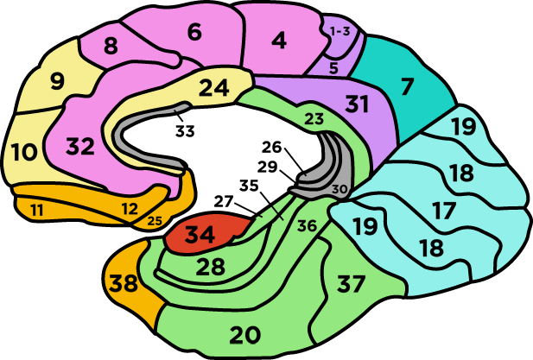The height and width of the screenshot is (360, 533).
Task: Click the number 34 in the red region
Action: click(x=201, y=234)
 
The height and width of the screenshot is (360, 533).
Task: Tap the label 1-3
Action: click(x=340, y=31)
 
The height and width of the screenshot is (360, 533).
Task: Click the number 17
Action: click(x=444, y=210)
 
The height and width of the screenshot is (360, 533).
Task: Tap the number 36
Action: click(x=307, y=226)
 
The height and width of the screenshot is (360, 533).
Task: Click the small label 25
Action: click(x=155, y=221)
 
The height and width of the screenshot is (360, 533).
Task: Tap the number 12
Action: click(x=129, y=208)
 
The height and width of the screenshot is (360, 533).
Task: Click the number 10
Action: click(x=24, y=153)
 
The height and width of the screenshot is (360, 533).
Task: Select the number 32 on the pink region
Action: click(x=79, y=147)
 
